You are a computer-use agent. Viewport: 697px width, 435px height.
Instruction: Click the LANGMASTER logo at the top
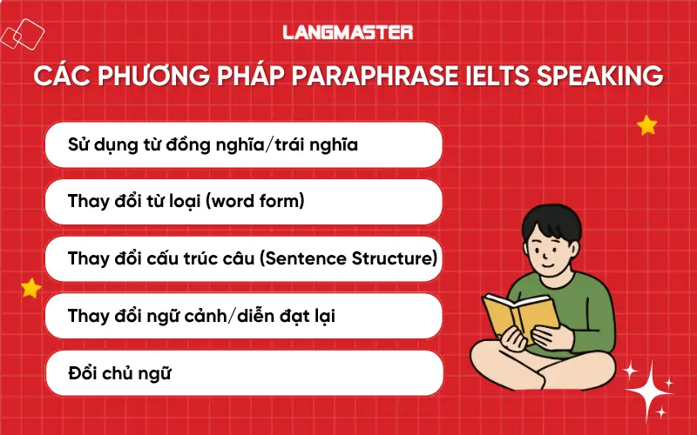click(348, 32)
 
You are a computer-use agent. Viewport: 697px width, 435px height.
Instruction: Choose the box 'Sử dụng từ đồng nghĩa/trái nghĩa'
click(244, 144)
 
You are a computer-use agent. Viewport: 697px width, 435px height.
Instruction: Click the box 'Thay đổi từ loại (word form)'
click(244, 202)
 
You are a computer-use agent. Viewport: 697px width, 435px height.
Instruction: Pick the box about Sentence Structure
click(244, 259)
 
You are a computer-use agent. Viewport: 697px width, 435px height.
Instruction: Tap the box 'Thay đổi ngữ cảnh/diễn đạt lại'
click(244, 316)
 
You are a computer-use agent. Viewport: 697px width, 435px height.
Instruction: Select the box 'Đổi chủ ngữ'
click(244, 373)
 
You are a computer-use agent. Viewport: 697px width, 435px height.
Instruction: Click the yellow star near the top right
click(646, 126)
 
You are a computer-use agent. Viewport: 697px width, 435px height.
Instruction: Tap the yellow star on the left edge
click(31, 287)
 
